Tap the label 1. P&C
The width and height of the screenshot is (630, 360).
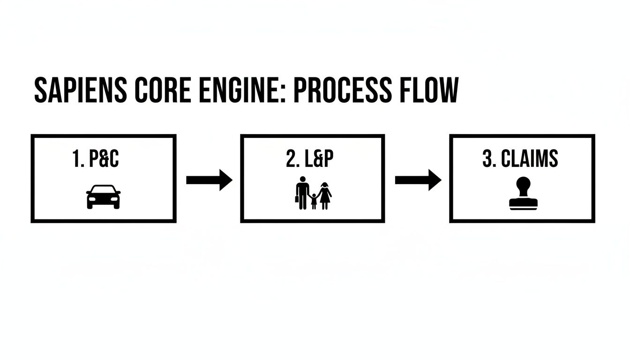96,159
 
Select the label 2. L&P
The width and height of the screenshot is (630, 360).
310,159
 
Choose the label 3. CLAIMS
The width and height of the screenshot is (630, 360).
520,159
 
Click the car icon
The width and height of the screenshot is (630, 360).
103,196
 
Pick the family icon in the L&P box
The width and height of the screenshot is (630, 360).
314,193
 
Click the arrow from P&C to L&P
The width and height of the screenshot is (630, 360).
209,180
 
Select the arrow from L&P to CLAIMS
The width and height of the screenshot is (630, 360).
418,180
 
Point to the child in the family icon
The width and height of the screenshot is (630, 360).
314,201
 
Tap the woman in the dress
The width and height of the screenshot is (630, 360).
324,193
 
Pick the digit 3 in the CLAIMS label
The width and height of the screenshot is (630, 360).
487,159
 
